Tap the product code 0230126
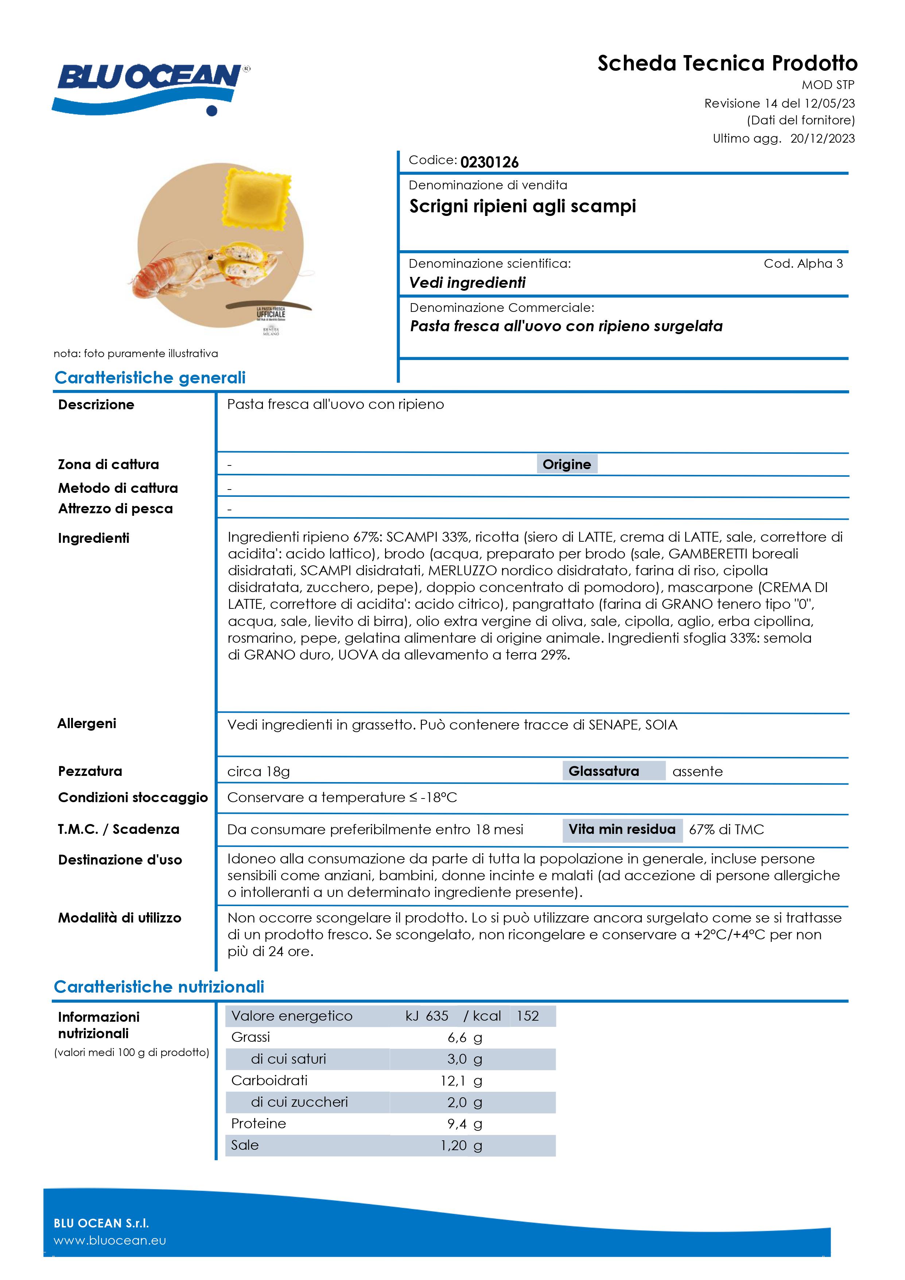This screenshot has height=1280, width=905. click(489, 162)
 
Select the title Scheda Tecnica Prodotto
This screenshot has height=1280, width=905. click(727, 63)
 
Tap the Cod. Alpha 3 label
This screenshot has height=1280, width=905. click(803, 264)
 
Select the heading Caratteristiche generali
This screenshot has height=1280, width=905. click(150, 378)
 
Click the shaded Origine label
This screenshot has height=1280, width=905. click(566, 464)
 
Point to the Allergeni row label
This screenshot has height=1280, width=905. click(87, 724)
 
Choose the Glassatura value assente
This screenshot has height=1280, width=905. click(697, 772)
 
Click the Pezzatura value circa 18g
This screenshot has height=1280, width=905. click(259, 772)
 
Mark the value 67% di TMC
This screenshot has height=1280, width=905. click(726, 830)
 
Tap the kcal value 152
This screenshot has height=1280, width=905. click(527, 1016)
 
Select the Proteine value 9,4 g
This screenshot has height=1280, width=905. click(464, 1124)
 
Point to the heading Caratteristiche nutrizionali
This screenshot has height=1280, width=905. click(159, 987)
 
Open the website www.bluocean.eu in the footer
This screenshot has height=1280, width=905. click(110, 1240)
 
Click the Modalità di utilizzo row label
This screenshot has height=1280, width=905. click(120, 918)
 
